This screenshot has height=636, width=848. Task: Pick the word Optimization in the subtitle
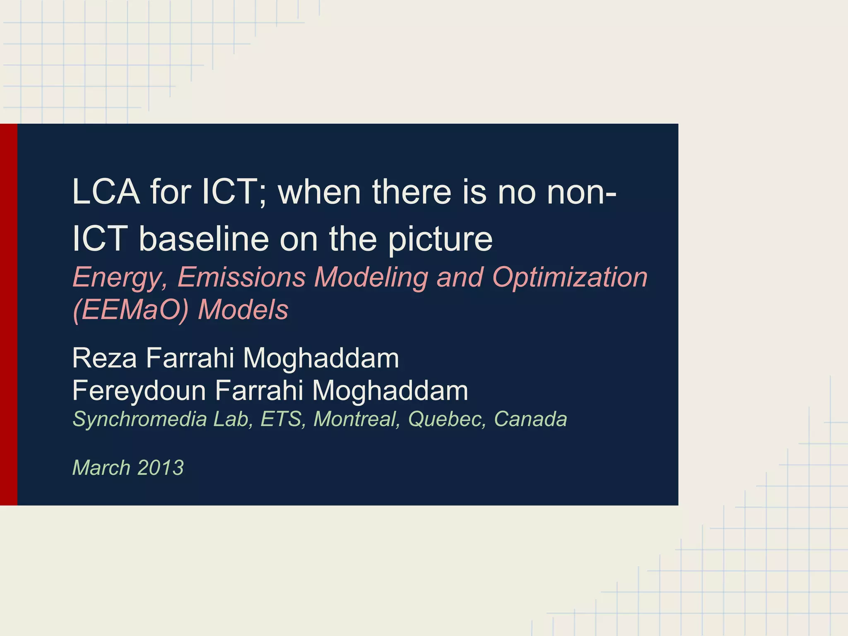[570, 277]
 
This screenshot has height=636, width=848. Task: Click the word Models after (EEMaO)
[243, 310]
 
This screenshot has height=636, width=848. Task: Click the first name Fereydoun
[139, 391]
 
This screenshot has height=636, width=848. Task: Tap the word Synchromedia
[140, 419]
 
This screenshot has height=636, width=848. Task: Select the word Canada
[530, 419]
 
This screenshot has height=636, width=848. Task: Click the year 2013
[161, 468]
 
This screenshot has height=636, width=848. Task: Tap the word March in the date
[101, 468]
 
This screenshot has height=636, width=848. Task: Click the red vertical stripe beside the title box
[8, 314]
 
